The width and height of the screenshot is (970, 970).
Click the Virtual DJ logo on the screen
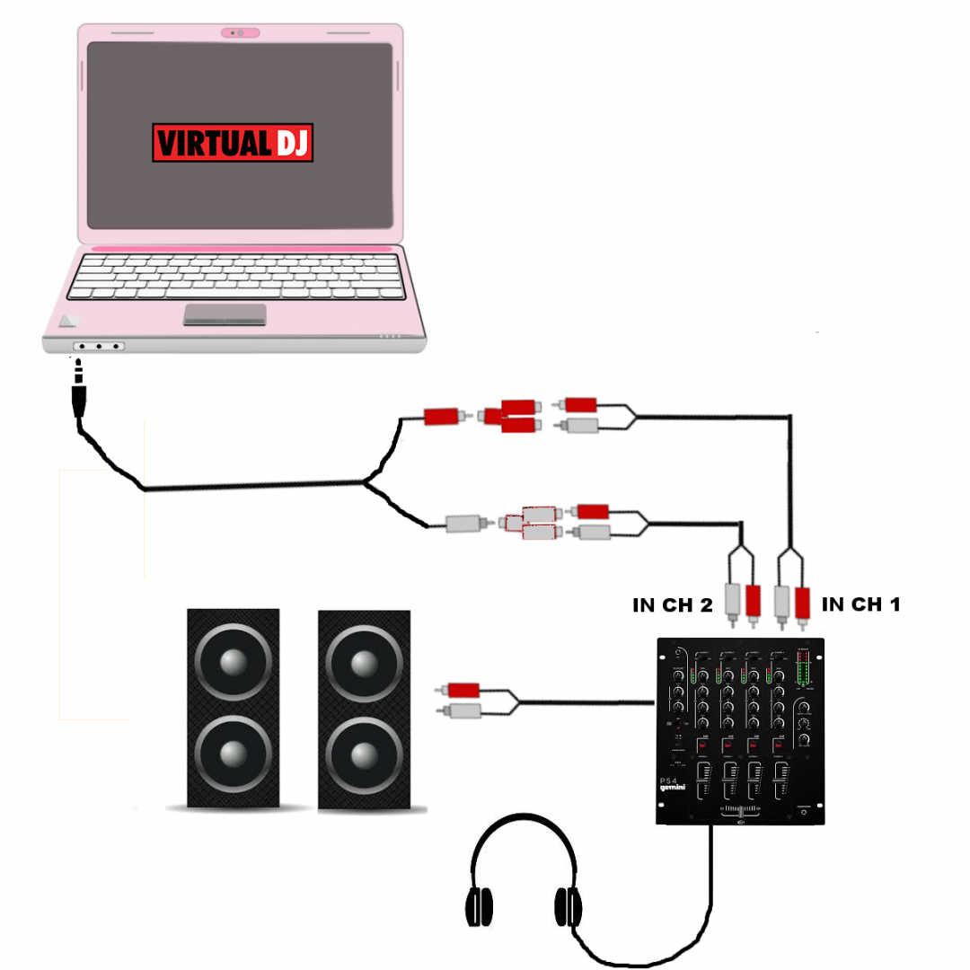pos(233,143)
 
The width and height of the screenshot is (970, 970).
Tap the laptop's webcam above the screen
pos(240,33)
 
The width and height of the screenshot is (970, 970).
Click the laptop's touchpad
pos(225,314)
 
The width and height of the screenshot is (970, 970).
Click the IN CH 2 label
pos(673,605)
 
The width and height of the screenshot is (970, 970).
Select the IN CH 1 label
pos(860,604)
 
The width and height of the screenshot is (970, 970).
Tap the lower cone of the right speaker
pos(364,753)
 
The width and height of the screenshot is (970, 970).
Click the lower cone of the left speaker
pos(233,753)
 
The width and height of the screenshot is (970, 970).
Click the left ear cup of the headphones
pos(481,906)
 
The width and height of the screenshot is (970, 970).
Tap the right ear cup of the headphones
pos(568,906)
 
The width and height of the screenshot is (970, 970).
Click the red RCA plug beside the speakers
pos(460,690)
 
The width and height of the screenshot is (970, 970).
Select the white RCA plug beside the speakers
pos(460,711)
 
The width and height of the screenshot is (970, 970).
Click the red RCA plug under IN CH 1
pos(801,602)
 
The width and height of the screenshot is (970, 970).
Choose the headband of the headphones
pos(525,831)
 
